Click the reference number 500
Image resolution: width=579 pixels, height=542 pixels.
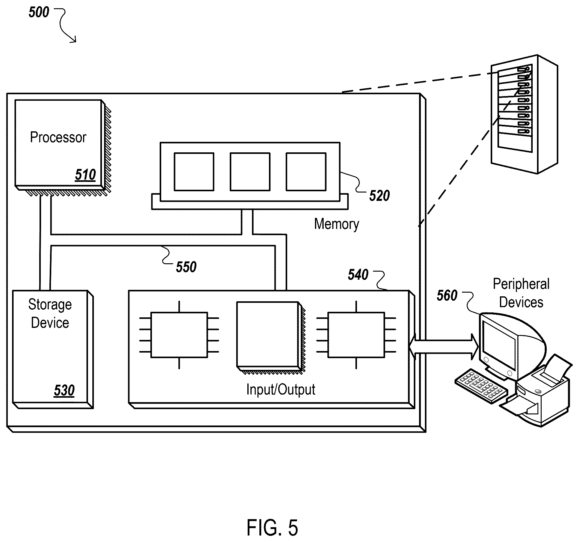click(x=39, y=12)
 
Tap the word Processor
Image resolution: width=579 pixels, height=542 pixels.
click(x=58, y=137)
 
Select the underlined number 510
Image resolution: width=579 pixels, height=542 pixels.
click(x=86, y=175)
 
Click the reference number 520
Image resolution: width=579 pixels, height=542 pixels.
click(x=380, y=196)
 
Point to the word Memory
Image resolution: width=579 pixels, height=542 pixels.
click(x=337, y=224)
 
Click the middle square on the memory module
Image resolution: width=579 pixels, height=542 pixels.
click(x=250, y=171)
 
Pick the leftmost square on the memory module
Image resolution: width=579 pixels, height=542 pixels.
click(x=194, y=171)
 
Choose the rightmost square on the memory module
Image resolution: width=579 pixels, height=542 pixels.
click(x=306, y=171)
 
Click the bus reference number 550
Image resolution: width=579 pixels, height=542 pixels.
click(x=186, y=267)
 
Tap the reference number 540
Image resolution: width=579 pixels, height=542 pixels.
click(x=358, y=275)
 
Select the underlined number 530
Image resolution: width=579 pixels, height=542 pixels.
click(x=64, y=390)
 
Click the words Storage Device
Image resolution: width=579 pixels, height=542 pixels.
click(x=50, y=314)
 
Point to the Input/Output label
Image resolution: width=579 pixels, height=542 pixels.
click(x=281, y=389)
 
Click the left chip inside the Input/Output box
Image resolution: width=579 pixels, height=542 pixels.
click(x=179, y=335)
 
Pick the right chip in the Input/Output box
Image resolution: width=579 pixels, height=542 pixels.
click(x=356, y=335)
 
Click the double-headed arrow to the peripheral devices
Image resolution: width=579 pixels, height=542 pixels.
click(x=444, y=347)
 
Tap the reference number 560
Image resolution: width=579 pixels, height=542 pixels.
click(x=447, y=296)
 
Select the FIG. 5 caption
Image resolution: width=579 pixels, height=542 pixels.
click(x=272, y=527)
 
